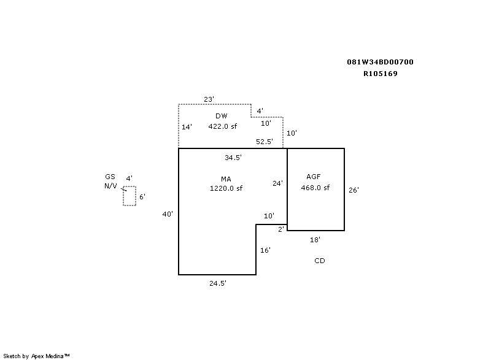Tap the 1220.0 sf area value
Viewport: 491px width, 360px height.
pos(226,189)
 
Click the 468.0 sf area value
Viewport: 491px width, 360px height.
pos(315,188)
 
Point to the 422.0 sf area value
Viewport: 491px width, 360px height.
pos(222,126)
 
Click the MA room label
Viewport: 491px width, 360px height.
pos(225,178)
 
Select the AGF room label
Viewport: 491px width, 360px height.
pos(313,177)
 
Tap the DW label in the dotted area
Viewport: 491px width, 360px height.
pos(222,116)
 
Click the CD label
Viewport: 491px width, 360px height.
pos(320,261)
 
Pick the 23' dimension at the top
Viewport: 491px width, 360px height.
pos(209,99)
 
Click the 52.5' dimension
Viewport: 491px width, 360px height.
pos(265,142)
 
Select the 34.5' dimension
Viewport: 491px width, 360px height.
pos(233,158)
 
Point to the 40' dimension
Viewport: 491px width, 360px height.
pos(168,215)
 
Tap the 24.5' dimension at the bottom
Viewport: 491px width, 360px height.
pos(218,284)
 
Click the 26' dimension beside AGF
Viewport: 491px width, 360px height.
pos(354,190)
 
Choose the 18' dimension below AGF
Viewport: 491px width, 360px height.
pos(315,240)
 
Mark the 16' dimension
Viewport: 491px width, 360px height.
pos(265,250)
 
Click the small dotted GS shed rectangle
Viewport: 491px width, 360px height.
pos(129,196)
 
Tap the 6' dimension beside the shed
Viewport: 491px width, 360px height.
pos(142,197)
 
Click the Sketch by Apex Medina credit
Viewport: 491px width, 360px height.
pos(36,356)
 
